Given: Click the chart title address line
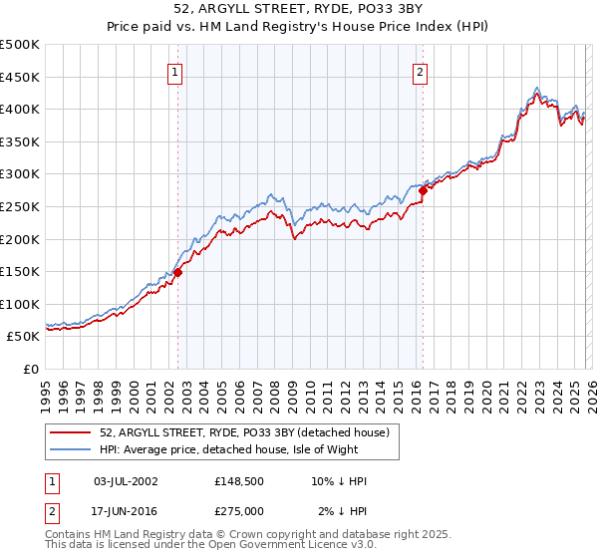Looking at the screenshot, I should click(299, 10).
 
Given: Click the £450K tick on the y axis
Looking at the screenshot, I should click(20, 77).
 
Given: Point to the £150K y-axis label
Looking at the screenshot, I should click(20, 271).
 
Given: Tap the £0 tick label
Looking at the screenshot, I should click(32, 369).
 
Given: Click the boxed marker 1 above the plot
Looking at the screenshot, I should click(175, 71).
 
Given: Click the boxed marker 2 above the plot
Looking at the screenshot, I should click(420, 71).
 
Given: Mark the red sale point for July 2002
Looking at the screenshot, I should click(178, 272).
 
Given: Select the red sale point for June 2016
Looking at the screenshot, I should click(423, 189).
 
